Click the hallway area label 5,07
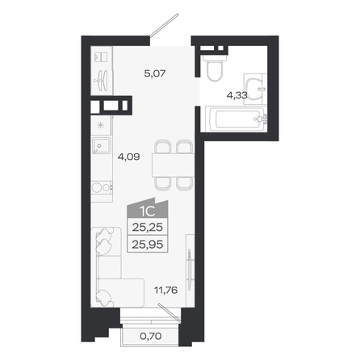(155, 73)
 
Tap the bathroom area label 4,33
(237, 95)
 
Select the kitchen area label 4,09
(128, 157)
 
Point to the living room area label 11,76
(165, 290)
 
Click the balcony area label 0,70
(151, 336)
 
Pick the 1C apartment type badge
(148, 208)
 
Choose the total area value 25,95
(148, 245)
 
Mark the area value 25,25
(148, 228)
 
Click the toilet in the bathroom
(215, 67)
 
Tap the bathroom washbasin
(255, 89)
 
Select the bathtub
(236, 119)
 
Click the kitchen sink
(101, 145)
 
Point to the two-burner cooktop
(102, 188)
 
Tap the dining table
(173, 165)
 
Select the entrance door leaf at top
(164, 25)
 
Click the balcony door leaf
(170, 312)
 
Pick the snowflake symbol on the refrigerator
(100, 125)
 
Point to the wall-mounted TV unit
(190, 270)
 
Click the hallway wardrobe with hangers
(102, 70)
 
